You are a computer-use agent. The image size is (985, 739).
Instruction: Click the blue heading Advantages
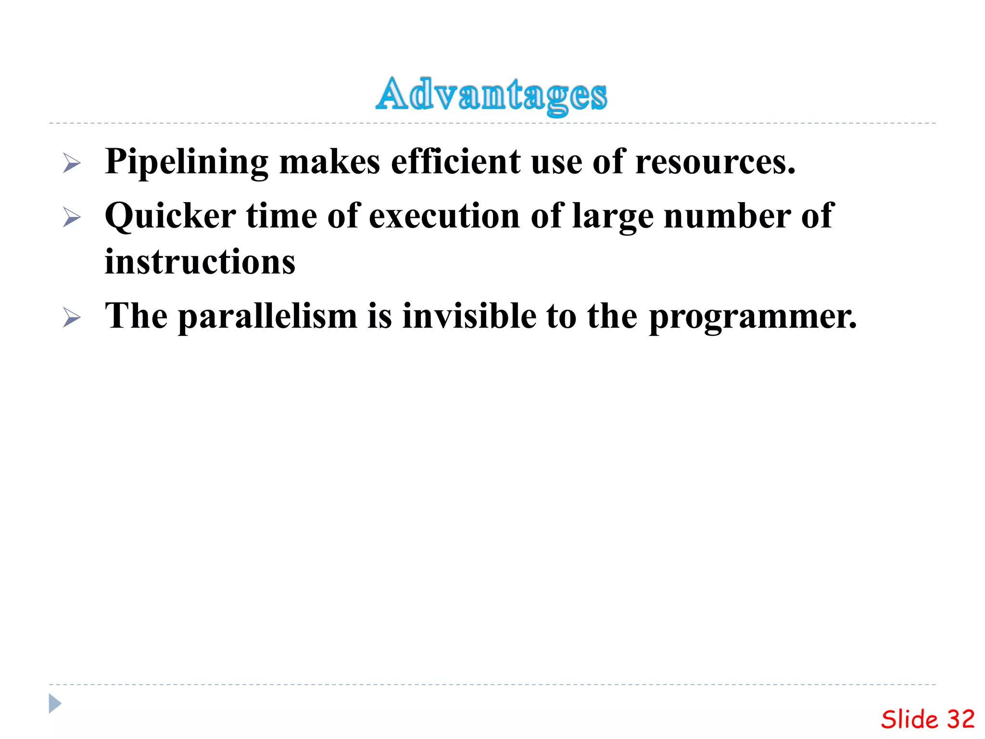492,95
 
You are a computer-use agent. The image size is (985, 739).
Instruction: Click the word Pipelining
187,163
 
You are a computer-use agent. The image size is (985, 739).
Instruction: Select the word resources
715,163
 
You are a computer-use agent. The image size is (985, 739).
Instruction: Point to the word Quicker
170,217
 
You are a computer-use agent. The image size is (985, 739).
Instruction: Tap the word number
727,217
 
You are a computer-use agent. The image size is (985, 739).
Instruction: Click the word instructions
200,262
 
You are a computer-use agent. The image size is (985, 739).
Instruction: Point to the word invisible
469,316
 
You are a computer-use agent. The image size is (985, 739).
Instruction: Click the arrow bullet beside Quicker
72,217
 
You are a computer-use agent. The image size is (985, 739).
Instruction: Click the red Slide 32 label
927,720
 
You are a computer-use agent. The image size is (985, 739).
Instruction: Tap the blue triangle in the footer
55,703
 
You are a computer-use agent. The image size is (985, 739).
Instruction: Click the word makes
329,162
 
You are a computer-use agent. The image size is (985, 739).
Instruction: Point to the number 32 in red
960,720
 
